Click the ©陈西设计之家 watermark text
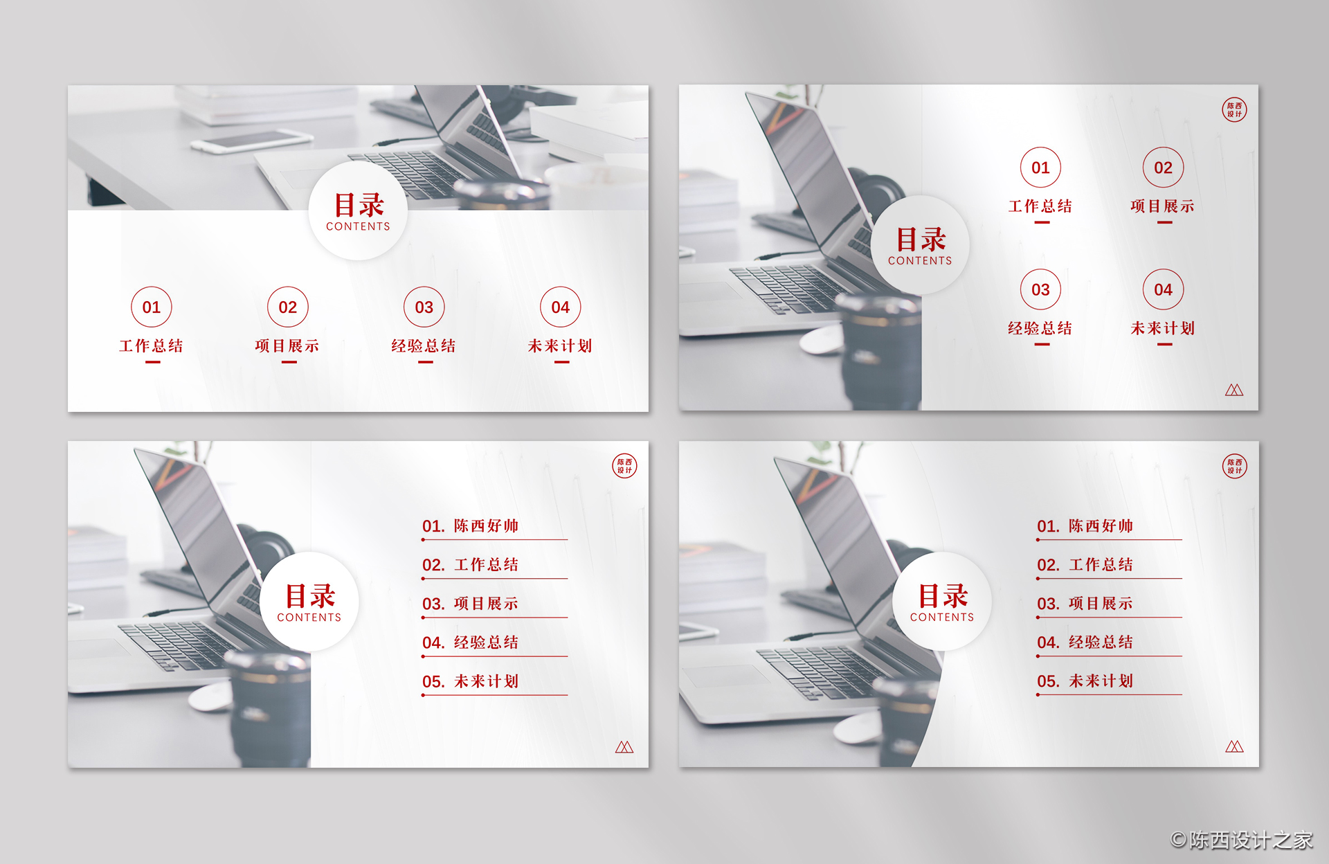[x=1242, y=840]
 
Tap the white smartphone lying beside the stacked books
[x=251, y=141]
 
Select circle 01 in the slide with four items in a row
[x=152, y=307]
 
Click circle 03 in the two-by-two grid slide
[x=1040, y=289]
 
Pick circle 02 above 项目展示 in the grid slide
[x=1163, y=168]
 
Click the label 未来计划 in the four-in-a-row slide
[x=560, y=345]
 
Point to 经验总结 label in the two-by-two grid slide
[x=1040, y=328]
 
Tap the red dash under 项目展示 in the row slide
[x=289, y=362]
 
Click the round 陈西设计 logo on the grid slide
[x=1234, y=109]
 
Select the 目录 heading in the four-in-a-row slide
[x=359, y=205]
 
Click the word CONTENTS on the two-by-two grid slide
[x=920, y=261]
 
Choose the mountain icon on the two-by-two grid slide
[x=1234, y=390]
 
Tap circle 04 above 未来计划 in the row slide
[x=561, y=307]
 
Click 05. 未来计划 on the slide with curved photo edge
[x=1085, y=681]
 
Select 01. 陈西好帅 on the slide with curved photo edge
[x=1085, y=526]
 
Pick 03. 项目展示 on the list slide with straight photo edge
[x=470, y=604]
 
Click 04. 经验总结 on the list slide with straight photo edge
[x=470, y=642]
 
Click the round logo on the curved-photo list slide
[x=1234, y=466]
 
